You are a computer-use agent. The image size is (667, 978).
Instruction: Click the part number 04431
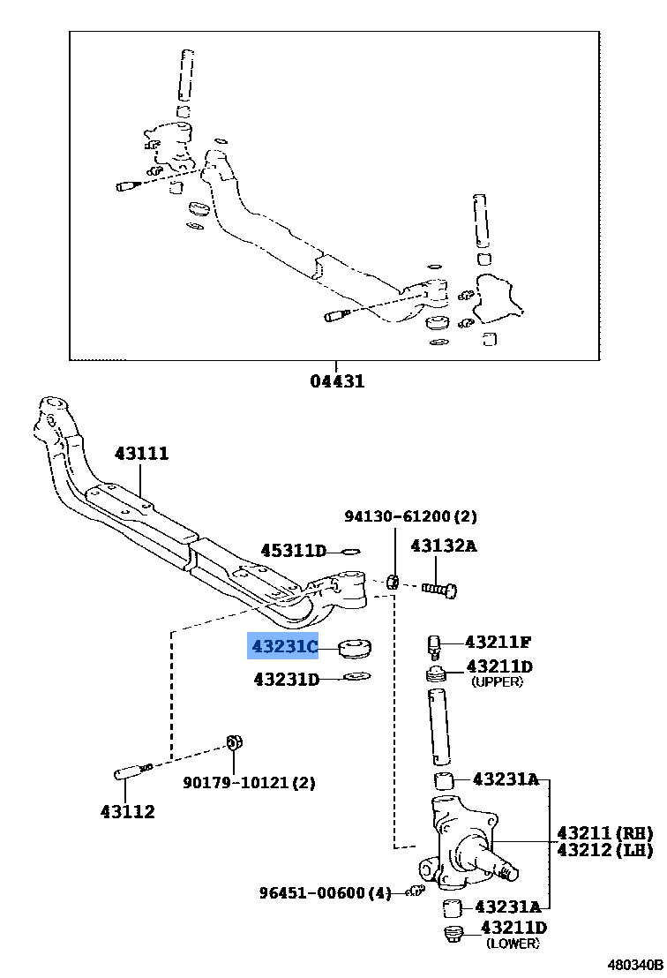pyautogui.click(x=336, y=382)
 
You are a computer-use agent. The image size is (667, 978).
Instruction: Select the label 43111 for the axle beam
pyautogui.click(x=141, y=454)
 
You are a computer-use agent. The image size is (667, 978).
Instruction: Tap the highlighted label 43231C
pyautogui.click(x=283, y=648)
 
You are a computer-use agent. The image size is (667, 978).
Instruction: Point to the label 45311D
pyautogui.click(x=293, y=551)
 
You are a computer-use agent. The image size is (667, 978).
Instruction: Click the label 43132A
pyautogui.click(x=443, y=546)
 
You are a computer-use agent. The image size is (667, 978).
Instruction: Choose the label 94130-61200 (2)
pyautogui.click(x=410, y=516)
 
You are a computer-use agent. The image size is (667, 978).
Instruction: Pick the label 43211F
pyautogui.click(x=498, y=642)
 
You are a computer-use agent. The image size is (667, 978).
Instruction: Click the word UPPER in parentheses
pyautogui.click(x=497, y=682)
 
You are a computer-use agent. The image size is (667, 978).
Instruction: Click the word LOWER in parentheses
pyautogui.click(x=513, y=944)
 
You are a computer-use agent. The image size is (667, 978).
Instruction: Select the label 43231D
pyautogui.click(x=286, y=680)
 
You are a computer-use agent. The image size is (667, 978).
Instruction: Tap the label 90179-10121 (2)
pyautogui.click(x=249, y=782)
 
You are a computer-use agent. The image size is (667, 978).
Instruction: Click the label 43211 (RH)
pyautogui.click(x=603, y=832)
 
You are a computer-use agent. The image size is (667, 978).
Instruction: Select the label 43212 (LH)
pyautogui.click(x=603, y=850)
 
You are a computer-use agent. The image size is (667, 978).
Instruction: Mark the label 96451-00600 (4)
pyautogui.click(x=325, y=893)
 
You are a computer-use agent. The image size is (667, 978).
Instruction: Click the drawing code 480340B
pyautogui.click(x=633, y=966)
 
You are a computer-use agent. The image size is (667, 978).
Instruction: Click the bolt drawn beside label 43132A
pyautogui.click(x=438, y=587)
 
